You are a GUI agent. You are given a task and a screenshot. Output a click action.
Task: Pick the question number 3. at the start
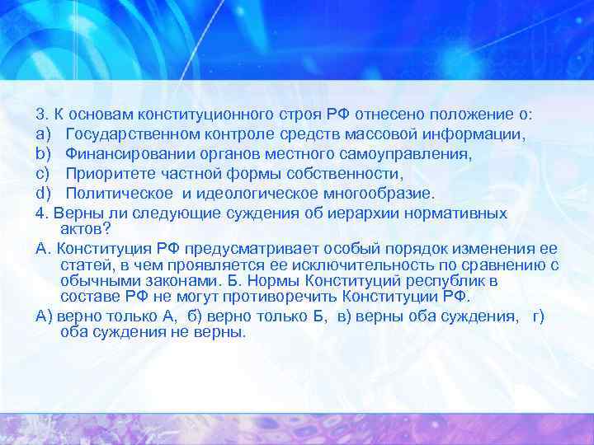[x=43, y=115]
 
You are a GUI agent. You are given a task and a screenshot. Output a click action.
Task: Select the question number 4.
[x=43, y=213]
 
